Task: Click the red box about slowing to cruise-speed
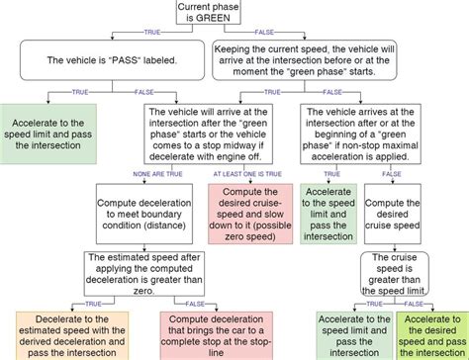click(244, 211)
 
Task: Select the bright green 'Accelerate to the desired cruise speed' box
click(431, 334)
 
